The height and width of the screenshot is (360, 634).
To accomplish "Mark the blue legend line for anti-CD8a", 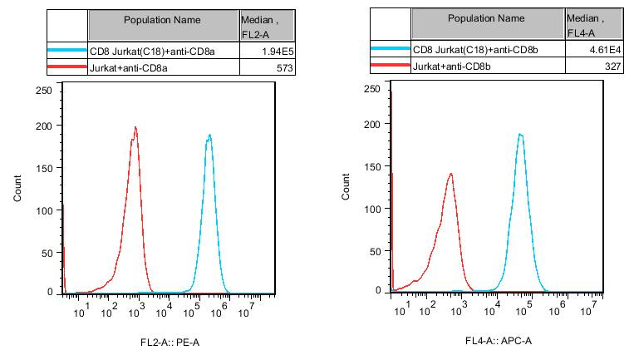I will click(x=67, y=51).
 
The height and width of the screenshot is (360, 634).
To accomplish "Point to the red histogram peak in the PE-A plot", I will click(x=135, y=128).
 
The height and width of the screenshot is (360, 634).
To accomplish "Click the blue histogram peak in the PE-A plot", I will click(x=209, y=136).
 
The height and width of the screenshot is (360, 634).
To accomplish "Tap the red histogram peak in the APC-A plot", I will click(x=450, y=175).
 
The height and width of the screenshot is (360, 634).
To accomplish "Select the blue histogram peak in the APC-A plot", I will click(x=520, y=135).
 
